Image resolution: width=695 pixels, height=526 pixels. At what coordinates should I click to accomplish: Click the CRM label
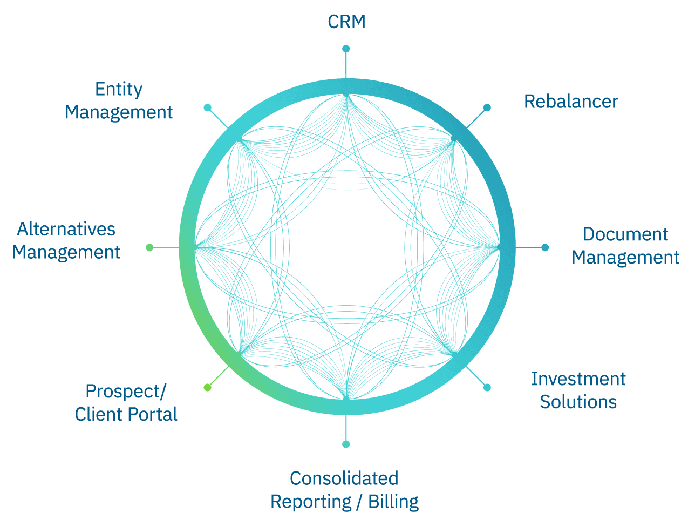(346, 22)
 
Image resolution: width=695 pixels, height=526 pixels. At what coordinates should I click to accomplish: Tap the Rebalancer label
(571, 102)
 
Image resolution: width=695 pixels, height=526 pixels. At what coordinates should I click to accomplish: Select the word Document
(625, 234)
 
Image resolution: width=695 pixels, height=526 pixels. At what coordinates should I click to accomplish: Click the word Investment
(578, 379)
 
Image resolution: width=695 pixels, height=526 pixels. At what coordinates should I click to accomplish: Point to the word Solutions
(578, 402)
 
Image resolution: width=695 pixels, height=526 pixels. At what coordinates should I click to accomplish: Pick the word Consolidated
(344, 478)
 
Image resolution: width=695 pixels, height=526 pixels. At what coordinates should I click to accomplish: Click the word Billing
(393, 502)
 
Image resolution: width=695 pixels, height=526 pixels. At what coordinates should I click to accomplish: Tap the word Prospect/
(126, 391)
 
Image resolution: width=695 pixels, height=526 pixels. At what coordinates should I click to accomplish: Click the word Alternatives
(66, 229)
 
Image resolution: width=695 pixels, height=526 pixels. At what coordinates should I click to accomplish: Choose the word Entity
(119, 89)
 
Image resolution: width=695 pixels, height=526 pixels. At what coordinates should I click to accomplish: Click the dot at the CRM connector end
(346, 49)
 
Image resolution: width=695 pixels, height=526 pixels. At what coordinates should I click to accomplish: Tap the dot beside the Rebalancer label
(487, 107)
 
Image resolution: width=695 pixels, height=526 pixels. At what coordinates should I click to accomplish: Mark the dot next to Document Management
(545, 247)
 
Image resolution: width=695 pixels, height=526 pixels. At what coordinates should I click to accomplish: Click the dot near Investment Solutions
(487, 387)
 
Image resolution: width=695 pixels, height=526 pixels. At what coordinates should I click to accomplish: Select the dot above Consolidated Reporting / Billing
(346, 444)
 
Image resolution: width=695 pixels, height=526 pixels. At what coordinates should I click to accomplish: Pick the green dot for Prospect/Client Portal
(207, 387)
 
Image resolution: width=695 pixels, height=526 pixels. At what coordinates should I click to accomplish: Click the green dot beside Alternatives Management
(149, 247)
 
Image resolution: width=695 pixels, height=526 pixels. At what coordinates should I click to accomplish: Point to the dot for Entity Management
(207, 107)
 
